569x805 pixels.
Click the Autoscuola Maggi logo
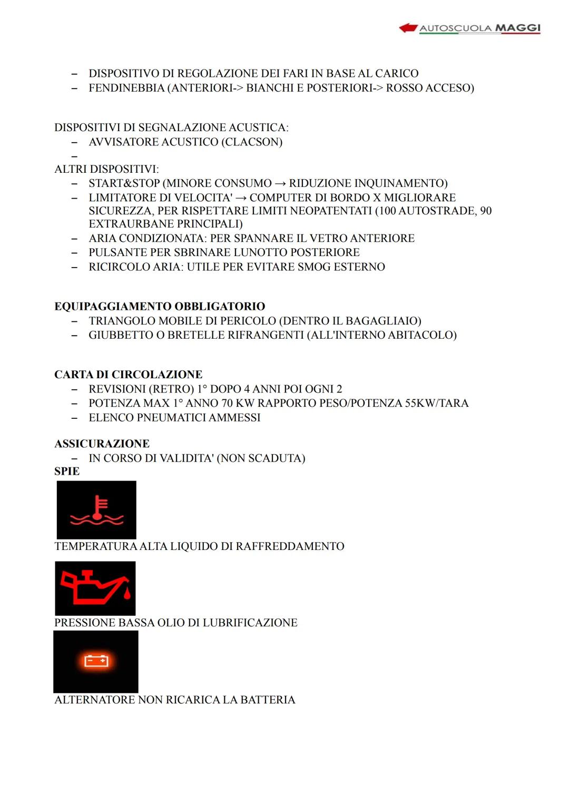[x=470, y=28]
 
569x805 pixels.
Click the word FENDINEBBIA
[x=126, y=88]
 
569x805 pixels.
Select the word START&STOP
[x=124, y=183]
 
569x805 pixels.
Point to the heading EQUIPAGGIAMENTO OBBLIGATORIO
[x=160, y=307]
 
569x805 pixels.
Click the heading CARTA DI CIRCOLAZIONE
[x=128, y=375]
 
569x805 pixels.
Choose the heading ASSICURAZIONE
[x=102, y=444]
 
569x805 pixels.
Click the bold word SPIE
[x=67, y=472]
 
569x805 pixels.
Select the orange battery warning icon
[x=96, y=661]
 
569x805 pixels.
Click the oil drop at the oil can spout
[x=127, y=594]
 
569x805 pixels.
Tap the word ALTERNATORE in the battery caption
[x=95, y=700]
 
